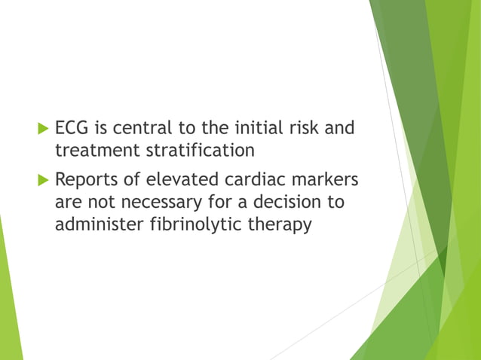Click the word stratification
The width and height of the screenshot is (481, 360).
click(200, 150)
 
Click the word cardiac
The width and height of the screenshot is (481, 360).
click(258, 182)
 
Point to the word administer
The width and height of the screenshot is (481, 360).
click(98, 224)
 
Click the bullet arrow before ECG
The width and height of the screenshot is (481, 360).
click(43, 128)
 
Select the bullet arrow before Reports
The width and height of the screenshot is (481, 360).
click(43, 182)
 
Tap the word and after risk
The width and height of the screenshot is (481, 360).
click(339, 128)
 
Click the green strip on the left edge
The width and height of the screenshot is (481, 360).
click(9, 301)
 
